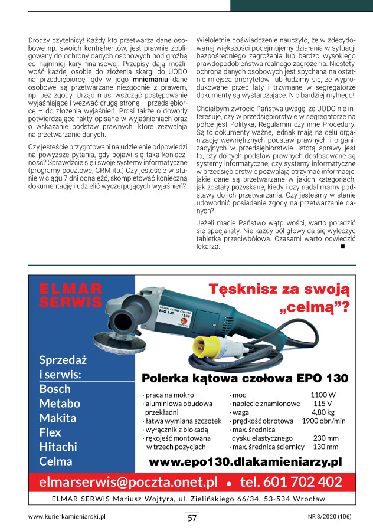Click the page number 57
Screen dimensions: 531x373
tap(192, 518)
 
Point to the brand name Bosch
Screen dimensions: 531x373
tap(55, 389)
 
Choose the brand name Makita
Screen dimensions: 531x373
tap(58, 418)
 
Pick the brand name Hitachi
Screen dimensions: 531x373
tap(58, 447)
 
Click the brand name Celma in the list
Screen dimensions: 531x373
tap(55, 461)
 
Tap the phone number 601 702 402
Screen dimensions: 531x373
tap(291, 482)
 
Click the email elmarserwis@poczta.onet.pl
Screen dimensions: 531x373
tap(128, 482)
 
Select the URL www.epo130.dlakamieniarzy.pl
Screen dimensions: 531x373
tap(246, 462)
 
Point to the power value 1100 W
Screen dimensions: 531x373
tap(323, 395)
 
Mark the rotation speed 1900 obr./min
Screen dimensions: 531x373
tap(323, 421)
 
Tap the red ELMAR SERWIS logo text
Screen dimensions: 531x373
tap(70, 295)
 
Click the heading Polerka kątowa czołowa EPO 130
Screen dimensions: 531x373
tap(245, 378)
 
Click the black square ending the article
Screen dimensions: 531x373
tap(343, 246)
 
